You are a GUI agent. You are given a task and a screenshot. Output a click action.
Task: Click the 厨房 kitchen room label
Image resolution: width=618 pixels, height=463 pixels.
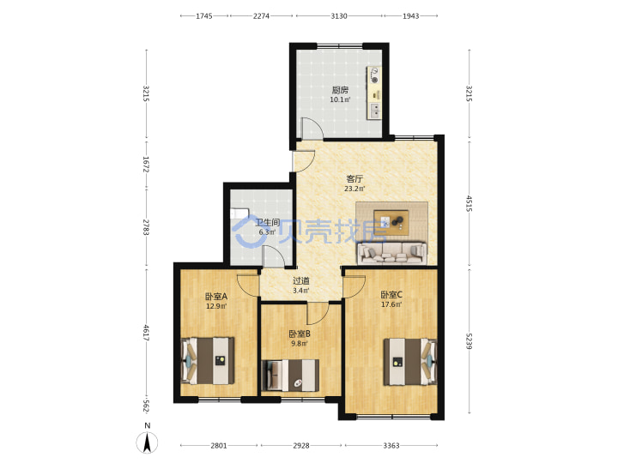click(340, 90)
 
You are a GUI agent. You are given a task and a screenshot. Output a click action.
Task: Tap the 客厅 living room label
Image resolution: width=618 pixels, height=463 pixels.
click(354, 178)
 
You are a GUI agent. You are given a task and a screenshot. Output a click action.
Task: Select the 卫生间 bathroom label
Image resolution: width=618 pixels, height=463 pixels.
click(268, 222)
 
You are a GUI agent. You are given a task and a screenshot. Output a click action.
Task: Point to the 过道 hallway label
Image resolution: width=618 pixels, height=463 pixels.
click(301, 281)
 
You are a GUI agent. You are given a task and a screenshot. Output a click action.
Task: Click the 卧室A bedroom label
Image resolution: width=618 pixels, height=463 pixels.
click(216, 296)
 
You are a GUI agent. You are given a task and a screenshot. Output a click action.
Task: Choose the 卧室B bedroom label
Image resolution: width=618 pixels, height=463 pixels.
click(300, 334)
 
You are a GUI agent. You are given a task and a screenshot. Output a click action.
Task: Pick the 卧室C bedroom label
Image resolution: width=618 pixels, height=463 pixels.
click(391, 294)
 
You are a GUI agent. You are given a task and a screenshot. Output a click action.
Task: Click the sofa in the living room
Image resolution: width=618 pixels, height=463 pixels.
click(391, 253)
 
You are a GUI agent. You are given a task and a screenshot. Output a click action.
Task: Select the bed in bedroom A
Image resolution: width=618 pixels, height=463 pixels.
click(208, 361)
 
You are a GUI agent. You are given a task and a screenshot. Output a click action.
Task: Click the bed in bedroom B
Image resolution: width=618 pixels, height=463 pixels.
click(290, 376)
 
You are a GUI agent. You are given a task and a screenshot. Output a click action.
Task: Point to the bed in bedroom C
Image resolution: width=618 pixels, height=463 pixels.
click(410, 362)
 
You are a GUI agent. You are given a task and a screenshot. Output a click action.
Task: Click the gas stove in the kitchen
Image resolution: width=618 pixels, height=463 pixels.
click(373, 75)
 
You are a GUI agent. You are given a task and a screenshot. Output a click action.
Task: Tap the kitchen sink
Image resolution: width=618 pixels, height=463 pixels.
click(375, 111)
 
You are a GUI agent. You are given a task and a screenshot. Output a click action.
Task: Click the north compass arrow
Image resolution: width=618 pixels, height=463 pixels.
click(147, 442)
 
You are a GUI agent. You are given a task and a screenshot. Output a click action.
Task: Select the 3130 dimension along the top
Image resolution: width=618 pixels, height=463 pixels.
click(339, 16)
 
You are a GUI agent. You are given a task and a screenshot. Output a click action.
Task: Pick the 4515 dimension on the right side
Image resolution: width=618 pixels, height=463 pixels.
click(469, 203)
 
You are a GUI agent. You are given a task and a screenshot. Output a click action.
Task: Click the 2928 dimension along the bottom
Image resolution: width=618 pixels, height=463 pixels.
click(301, 446)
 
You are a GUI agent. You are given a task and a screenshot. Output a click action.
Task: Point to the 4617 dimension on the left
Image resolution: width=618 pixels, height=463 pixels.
click(146, 333)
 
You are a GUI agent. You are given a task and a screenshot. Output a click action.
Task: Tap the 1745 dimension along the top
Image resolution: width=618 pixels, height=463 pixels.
click(204, 16)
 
